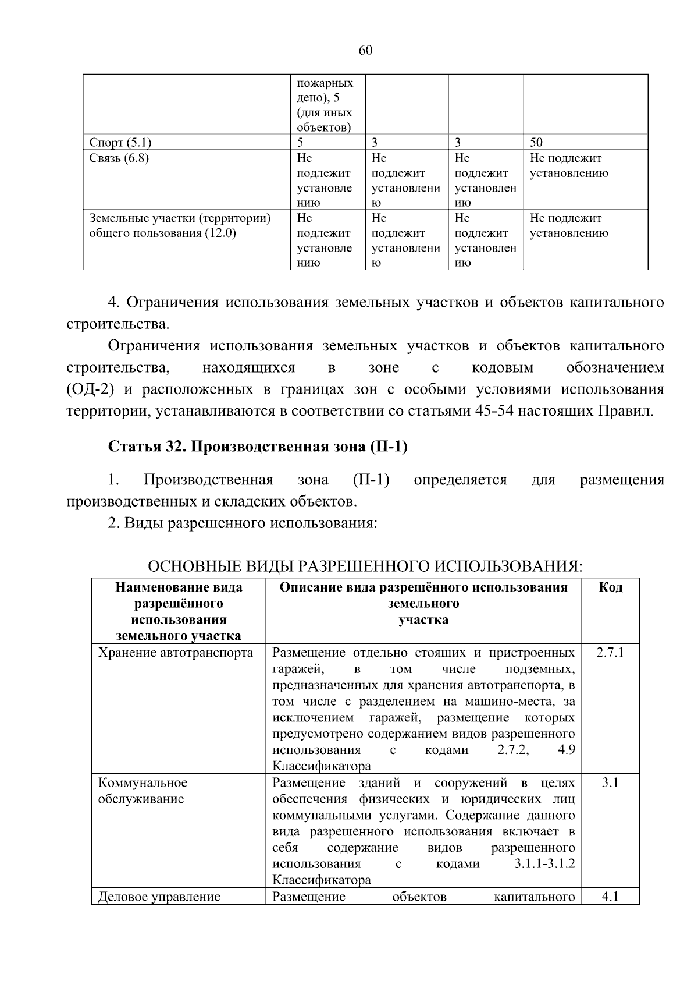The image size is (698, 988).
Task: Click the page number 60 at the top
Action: point(365,51)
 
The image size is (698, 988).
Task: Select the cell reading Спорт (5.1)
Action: point(120,143)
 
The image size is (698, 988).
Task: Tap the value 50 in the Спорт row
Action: point(536,143)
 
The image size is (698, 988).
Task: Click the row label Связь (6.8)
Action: point(119,158)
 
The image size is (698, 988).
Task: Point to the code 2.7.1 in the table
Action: point(610,652)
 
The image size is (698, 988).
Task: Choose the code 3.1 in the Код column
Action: point(610,782)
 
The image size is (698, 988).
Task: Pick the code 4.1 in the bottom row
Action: point(610,897)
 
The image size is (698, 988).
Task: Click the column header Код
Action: point(610,587)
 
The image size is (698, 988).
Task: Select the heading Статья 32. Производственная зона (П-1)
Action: point(258,447)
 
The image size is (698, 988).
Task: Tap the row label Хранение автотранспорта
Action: point(176,652)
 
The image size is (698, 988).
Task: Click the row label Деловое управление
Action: point(159,897)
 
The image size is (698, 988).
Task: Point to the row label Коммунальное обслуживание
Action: point(143,791)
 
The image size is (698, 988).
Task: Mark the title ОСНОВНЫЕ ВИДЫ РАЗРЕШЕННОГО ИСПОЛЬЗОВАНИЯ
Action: point(365,566)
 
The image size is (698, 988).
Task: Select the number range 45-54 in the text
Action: point(494,411)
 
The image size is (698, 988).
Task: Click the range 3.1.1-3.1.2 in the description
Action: point(544,864)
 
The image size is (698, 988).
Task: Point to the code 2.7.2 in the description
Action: point(513,750)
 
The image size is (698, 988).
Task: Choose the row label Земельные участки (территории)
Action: point(180,218)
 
